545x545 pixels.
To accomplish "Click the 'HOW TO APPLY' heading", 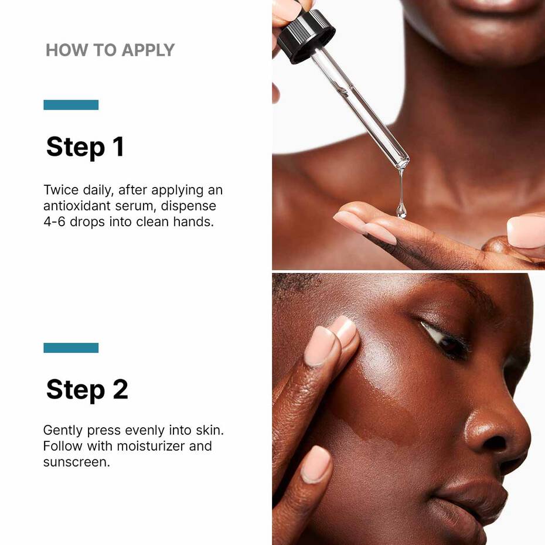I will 110,50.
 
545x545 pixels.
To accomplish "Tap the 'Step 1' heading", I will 85,147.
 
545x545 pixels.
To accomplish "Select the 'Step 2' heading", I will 87,389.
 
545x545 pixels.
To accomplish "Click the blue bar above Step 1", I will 71,105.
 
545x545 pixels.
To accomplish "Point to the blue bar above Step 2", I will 71,348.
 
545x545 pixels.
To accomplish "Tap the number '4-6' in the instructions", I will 56,222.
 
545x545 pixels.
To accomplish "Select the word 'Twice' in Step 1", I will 60,190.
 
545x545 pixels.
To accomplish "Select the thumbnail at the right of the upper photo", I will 526,232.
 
